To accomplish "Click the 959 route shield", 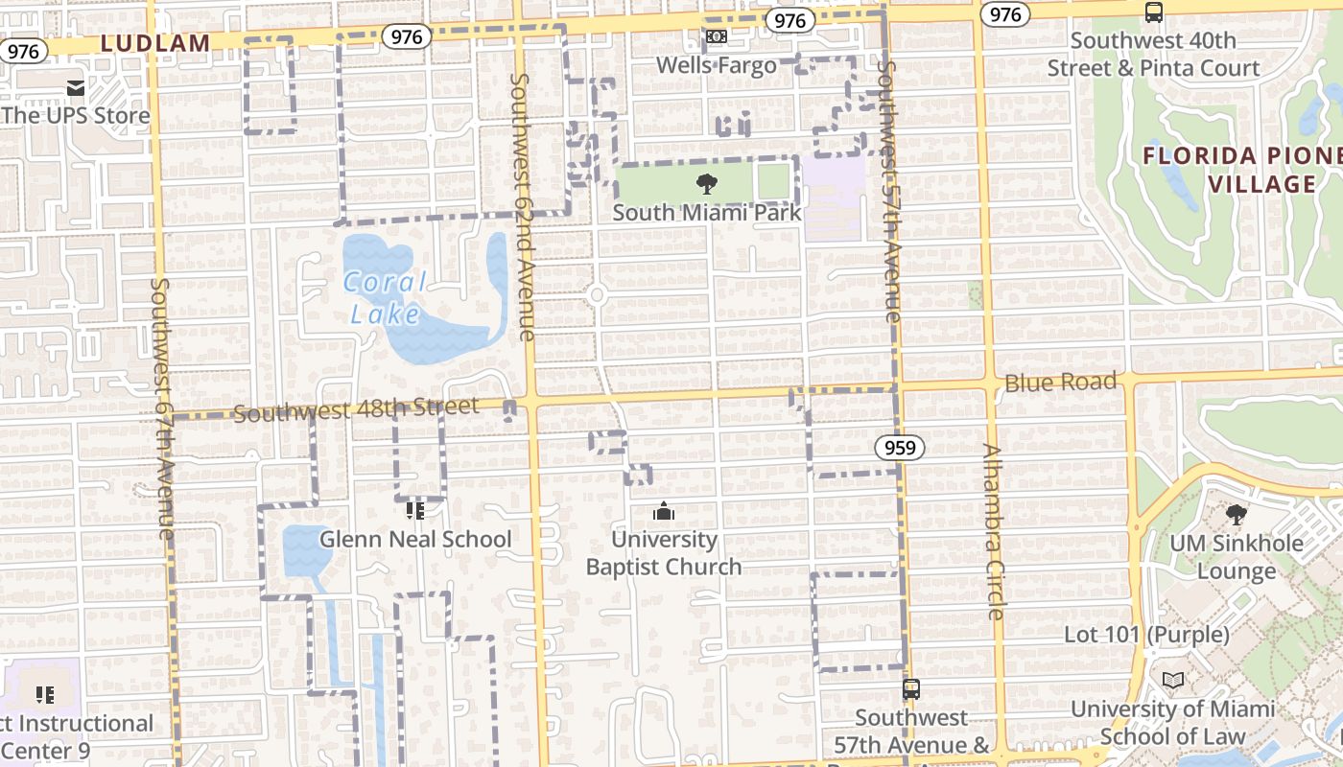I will coord(899,448).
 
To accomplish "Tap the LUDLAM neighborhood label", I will coord(154,43).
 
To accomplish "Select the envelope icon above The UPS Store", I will coord(76,89).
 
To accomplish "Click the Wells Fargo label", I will coord(717,65).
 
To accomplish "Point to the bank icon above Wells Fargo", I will coord(717,37).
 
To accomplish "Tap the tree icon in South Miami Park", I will coord(707,184).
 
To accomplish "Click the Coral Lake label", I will coord(386,298).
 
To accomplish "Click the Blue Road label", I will coord(1060,383).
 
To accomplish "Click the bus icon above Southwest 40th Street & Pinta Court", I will coord(1153,12).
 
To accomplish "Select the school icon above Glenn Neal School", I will coord(414,511).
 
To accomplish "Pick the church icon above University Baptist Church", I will coord(664,512).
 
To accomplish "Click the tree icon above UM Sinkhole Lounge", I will coord(1237,515).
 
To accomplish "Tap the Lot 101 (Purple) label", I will coord(1146,635).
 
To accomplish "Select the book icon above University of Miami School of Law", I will coord(1172,681).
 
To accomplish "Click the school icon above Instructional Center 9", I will coord(44,694).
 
